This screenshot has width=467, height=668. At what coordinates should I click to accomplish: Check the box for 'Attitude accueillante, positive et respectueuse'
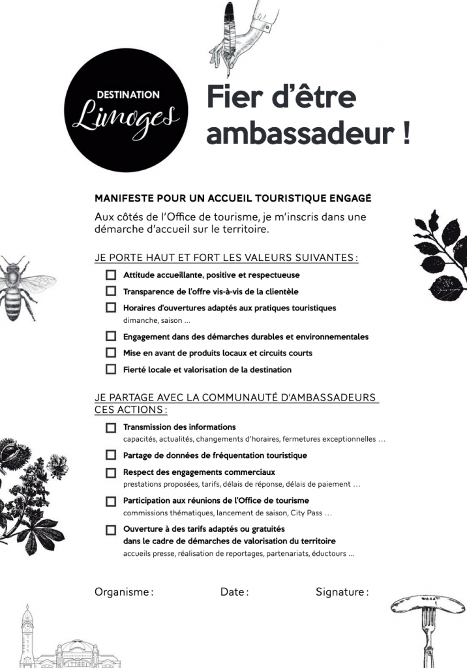pos(111,275)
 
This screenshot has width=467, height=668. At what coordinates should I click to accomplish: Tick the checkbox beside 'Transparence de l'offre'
pos(111,292)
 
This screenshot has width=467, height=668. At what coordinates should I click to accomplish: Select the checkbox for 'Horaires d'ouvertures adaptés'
pos(111,308)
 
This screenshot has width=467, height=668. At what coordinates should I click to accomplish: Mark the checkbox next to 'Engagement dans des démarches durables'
pos(111,337)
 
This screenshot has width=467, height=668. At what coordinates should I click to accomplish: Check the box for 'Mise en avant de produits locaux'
pos(111,353)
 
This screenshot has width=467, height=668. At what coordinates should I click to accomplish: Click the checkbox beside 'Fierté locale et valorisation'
pos(111,369)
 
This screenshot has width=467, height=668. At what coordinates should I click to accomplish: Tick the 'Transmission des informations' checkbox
pos(111,427)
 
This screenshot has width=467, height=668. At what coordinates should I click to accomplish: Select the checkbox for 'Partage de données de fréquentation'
pos(111,455)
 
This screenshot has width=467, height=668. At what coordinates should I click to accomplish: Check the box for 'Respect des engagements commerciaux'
pos(111,472)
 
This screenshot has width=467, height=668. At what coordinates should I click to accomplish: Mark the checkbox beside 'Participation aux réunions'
pos(111,501)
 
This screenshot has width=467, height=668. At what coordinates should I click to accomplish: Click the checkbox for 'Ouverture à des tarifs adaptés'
pos(111,530)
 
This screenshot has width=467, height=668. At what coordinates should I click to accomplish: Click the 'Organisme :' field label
pos(124,592)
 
